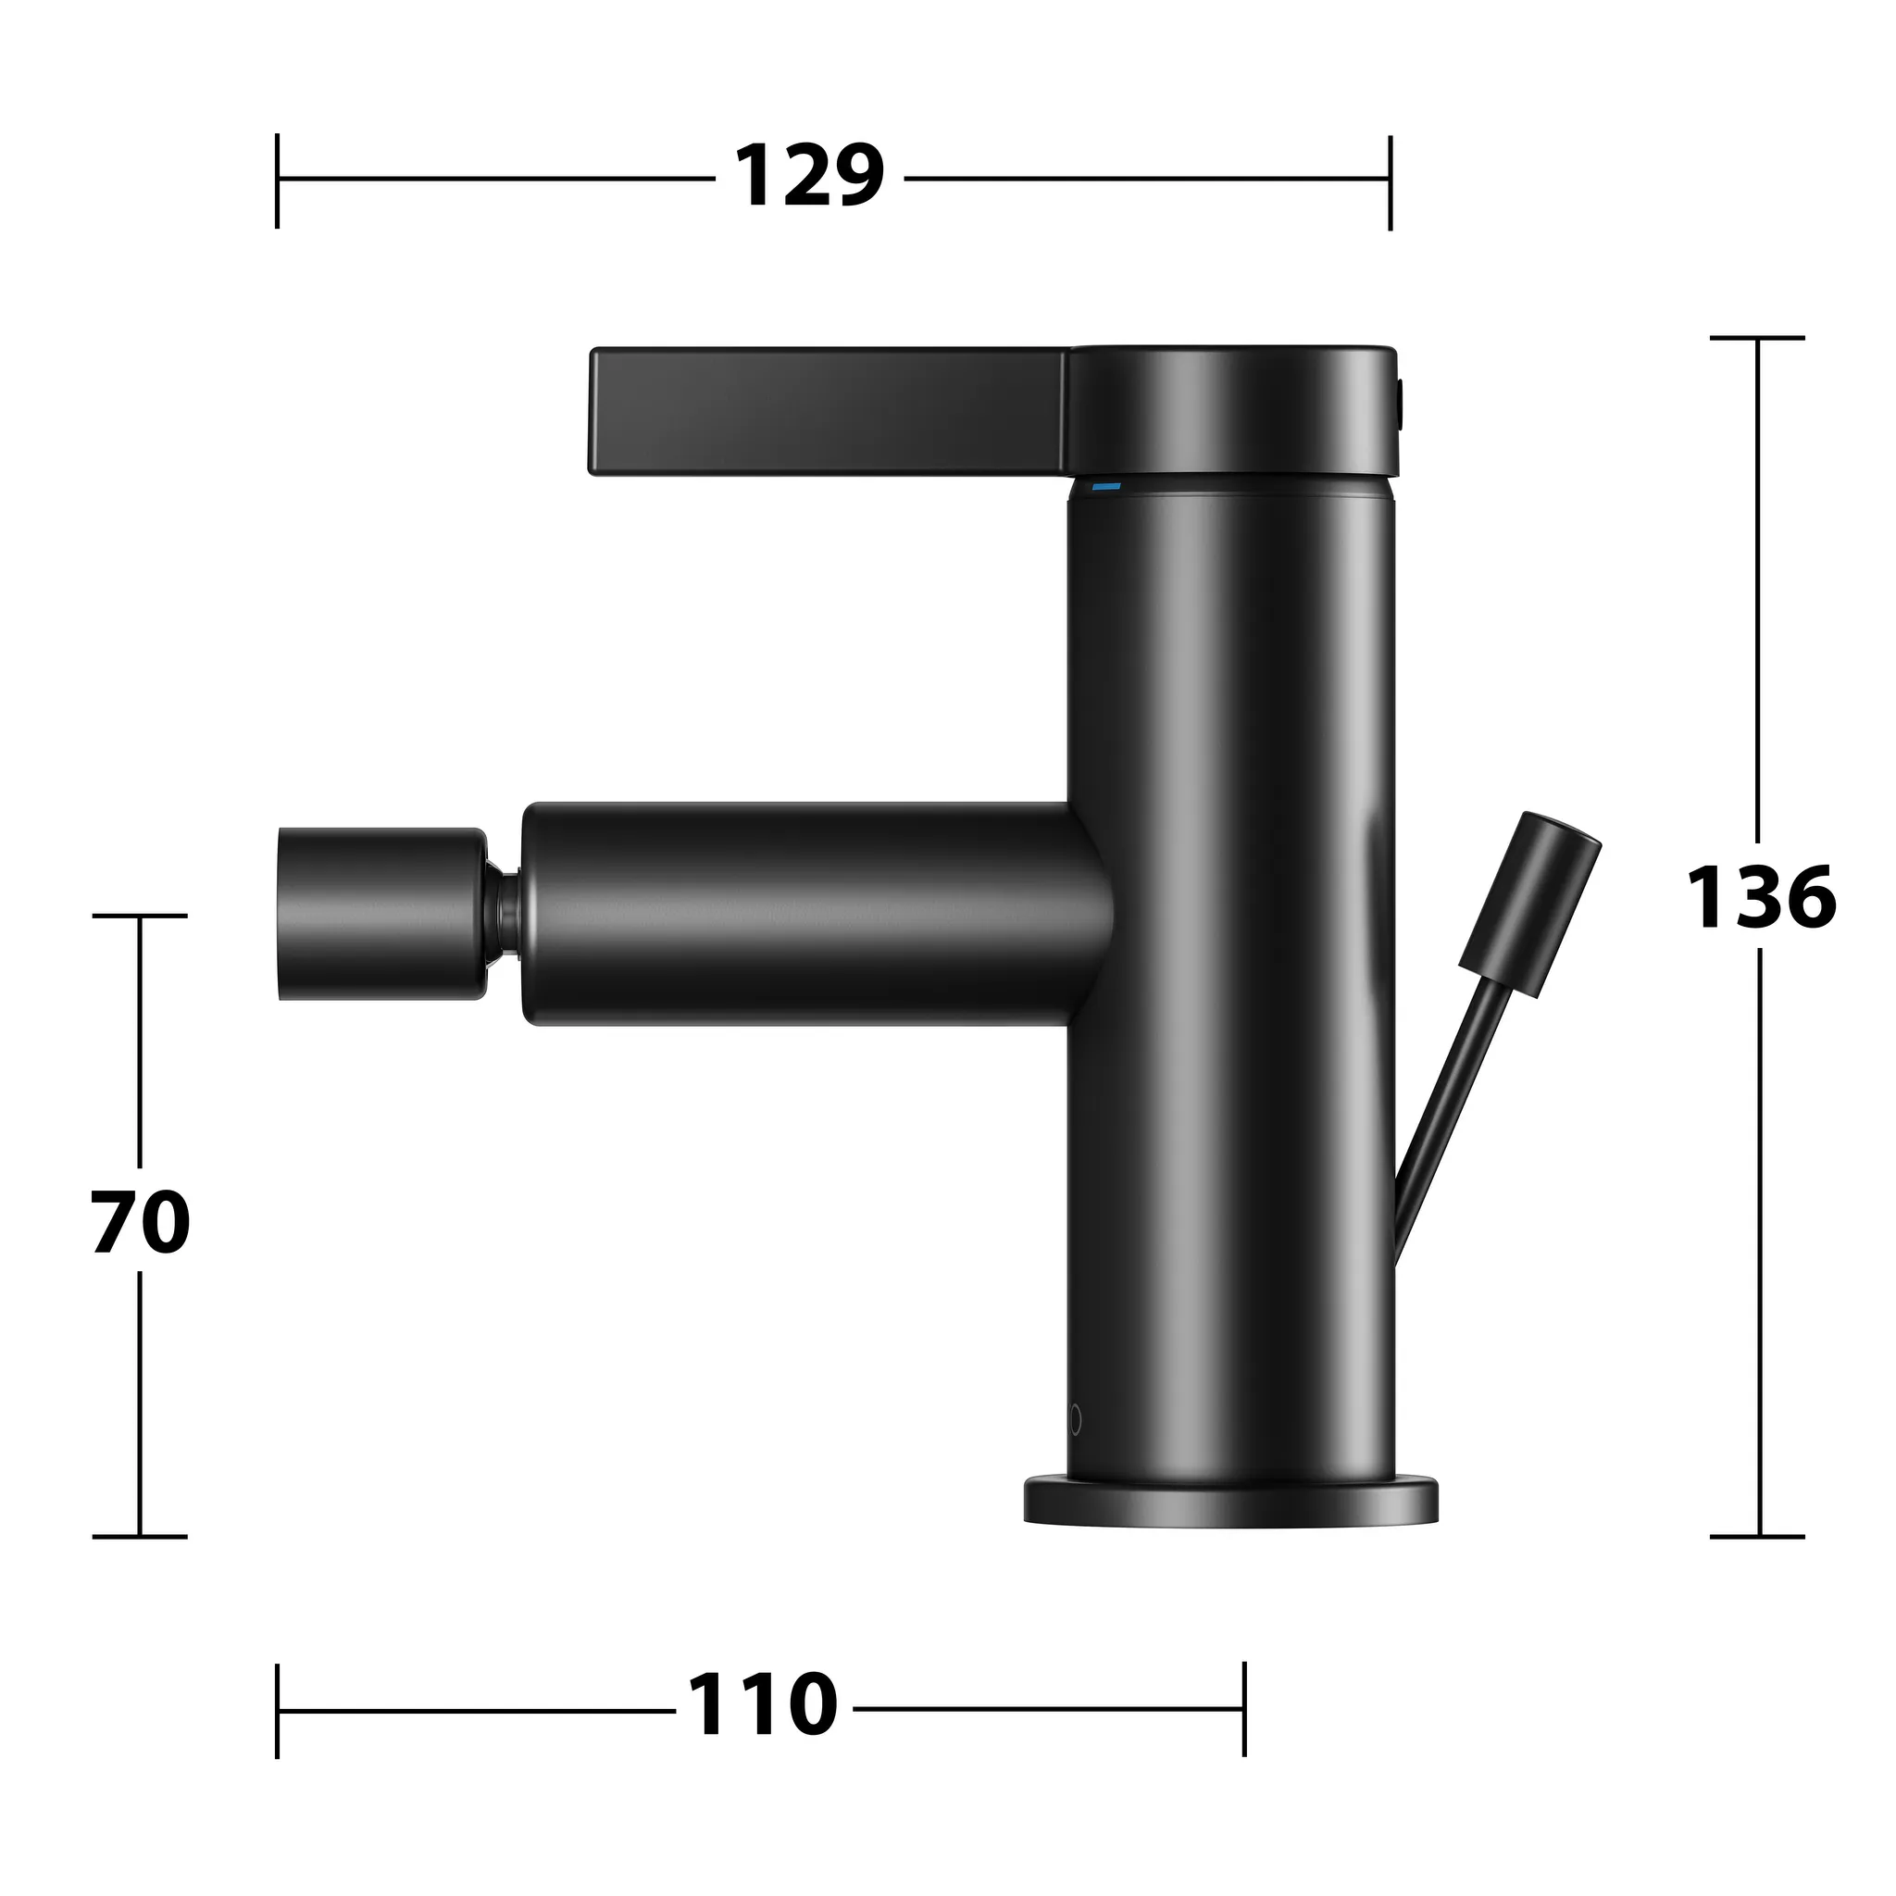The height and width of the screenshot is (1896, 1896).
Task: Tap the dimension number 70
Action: tap(141, 1223)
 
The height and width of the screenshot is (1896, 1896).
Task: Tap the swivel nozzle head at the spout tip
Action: tap(380, 914)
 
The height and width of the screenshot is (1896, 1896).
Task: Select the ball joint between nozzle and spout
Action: tap(505, 914)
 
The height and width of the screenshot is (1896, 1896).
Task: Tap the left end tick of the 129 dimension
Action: tap(278, 181)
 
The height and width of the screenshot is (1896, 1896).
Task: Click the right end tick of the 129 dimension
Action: tap(1390, 182)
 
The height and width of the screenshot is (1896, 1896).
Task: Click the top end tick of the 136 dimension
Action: tap(1758, 338)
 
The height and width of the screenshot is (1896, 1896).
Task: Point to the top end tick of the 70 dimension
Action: tap(140, 916)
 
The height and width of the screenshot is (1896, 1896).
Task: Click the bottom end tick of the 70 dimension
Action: tap(140, 1537)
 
